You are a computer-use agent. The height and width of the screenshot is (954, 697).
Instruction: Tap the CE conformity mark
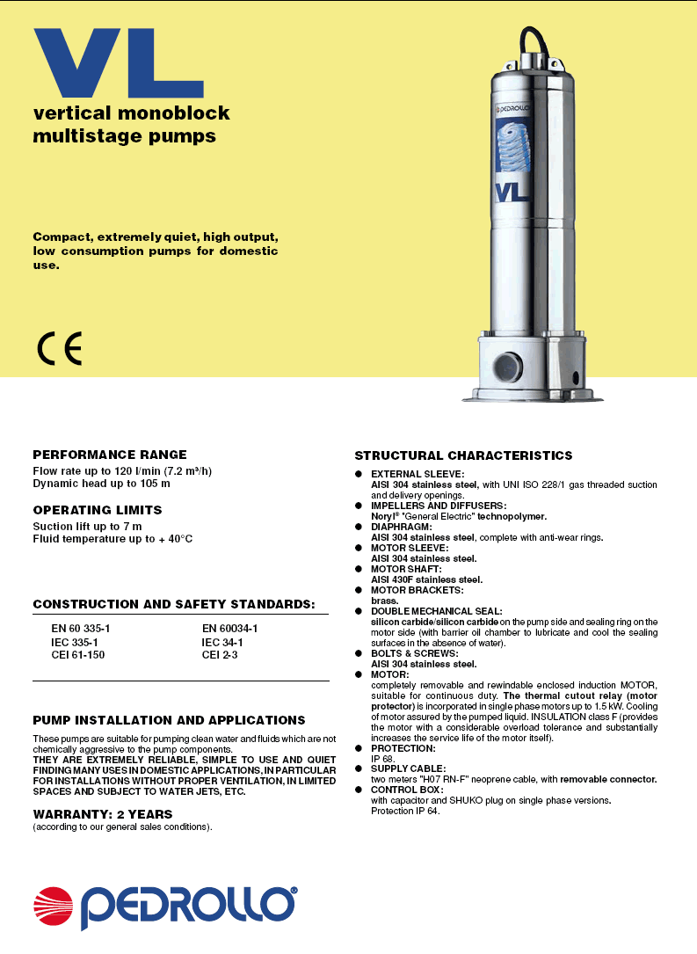pyautogui.click(x=60, y=350)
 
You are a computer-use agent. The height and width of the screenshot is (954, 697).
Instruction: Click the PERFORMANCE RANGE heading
pyautogui.click(x=110, y=455)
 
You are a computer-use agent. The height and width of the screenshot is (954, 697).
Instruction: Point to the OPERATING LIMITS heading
pyautogui.click(x=98, y=510)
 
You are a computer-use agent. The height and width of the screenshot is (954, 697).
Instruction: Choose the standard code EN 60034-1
pyautogui.click(x=229, y=629)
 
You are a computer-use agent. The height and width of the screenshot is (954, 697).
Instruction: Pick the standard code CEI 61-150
pyautogui.click(x=78, y=655)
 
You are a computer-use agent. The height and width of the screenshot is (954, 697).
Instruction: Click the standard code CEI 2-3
pyautogui.click(x=220, y=655)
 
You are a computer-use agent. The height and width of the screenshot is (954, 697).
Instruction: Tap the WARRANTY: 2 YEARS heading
pyautogui.click(x=103, y=814)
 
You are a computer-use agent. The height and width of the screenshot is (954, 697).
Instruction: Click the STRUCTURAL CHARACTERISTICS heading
pyautogui.click(x=463, y=455)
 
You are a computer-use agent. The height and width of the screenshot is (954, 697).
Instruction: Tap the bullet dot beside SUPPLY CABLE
pyautogui.click(x=359, y=768)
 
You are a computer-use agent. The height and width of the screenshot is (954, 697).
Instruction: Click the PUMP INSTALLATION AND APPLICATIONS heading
pyautogui.click(x=169, y=720)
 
